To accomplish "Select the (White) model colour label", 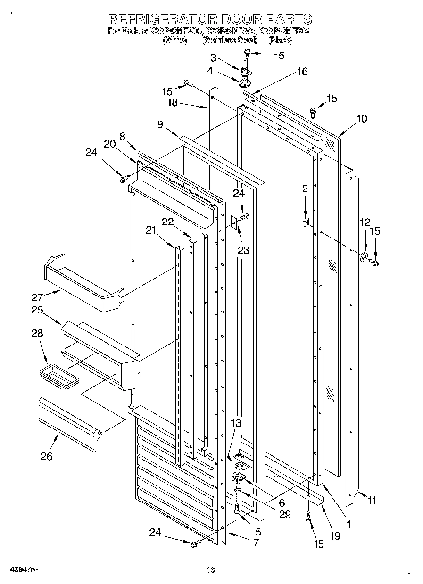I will point(175,41).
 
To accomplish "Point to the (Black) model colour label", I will point(280,41).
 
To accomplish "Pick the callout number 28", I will point(37,334).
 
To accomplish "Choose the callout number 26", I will point(47,456).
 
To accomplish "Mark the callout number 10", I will point(361,119).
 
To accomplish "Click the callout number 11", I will point(372,501).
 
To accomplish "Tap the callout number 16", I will point(302,72).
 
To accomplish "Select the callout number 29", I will point(284,514).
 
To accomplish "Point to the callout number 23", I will point(243,251).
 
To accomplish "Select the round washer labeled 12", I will point(364,257).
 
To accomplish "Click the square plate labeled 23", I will point(233,222).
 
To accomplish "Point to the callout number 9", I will point(160,124).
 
